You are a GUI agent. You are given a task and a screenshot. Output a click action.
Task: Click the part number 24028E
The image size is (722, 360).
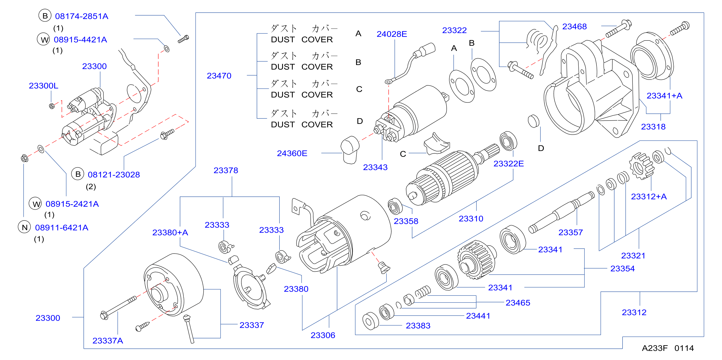click(x=392, y=34)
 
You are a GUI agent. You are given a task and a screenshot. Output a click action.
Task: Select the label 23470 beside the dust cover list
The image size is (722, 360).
click(x=219, y=76)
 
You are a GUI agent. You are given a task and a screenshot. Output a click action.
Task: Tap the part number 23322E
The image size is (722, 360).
click(x=509, y=164)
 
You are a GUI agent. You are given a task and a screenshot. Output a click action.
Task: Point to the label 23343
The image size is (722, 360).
click(x=375, y=167)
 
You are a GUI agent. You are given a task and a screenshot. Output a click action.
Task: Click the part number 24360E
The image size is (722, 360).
click(x=292, y=153)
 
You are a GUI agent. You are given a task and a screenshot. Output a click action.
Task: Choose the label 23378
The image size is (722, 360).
click(x=226, y=170)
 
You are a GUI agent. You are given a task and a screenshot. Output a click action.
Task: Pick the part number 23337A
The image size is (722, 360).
click(x=108, y=341)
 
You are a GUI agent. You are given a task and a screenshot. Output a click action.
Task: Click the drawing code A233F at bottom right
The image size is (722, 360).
click(x=655, y=348)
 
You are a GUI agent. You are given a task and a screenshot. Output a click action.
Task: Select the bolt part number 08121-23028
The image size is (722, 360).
click(x=114, y=174)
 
